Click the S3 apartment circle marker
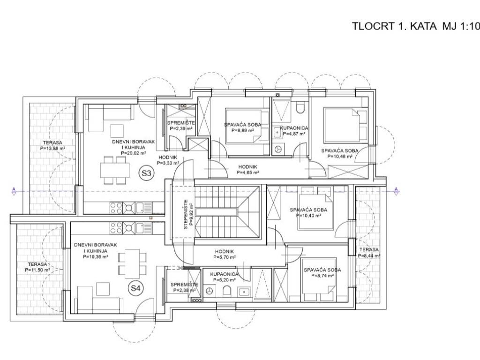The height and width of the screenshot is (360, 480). click(146, 173)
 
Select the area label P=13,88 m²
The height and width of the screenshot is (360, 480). click(52, 149)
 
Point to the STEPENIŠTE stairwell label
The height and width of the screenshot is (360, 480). click(186, 214)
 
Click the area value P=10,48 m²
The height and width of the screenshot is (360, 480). click(340, 156)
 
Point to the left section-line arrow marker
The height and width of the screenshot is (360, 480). click(14, 191)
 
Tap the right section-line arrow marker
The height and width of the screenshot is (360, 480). click(397, 191)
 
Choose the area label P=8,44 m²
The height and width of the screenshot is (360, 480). click(369, 255)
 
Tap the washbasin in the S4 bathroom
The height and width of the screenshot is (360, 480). click(244, 291)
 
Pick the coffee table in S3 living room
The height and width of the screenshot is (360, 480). click(117, 131)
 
